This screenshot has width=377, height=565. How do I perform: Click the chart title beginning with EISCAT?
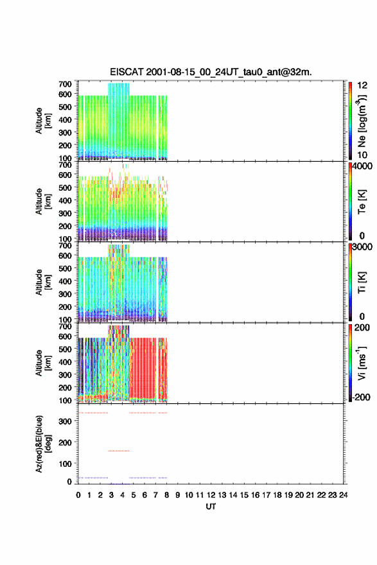tap(211, 72)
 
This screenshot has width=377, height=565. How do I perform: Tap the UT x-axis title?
tap(211, 507)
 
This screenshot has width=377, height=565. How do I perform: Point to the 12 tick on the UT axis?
tap(211, 495)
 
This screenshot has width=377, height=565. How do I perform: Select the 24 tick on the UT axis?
tap(343, 495)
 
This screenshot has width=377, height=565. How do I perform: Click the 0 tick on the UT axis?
tap(78, 495)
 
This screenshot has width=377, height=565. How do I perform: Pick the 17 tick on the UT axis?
tap(266, 495)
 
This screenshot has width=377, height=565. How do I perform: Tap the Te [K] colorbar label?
tap(362, 202)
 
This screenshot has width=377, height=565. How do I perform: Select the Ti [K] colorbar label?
tap(362, 282)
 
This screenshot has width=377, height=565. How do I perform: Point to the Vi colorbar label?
tap(362, 363)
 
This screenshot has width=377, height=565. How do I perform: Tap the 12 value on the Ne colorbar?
tap(363, 85)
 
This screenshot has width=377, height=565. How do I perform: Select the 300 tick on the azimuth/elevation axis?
tap(66, 421)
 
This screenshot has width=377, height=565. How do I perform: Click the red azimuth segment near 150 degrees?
tap(119, 451)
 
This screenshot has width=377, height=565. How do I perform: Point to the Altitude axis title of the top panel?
tap(44, 121)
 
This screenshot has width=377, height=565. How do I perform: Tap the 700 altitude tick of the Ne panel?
tap(66, 84)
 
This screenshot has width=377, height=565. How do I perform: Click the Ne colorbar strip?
tap(350, 121)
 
